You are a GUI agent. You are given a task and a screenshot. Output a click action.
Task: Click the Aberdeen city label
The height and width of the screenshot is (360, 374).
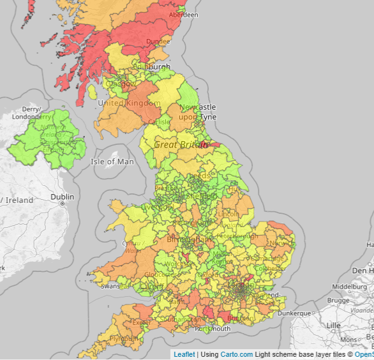pos(183,14)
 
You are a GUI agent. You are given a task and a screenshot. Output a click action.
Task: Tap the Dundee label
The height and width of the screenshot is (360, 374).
pos(158,41)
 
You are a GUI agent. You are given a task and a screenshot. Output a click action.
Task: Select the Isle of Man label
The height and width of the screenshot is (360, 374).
pos(112,161)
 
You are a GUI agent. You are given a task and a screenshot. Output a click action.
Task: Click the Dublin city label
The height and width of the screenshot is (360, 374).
pos(63,197)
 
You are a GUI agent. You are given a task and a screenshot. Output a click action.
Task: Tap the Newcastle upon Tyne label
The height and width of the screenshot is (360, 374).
pos(197,112)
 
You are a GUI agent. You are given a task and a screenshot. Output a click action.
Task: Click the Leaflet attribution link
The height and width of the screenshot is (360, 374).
pos(184,354)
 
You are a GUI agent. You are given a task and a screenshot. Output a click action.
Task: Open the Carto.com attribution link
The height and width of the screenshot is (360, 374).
pos(237,354)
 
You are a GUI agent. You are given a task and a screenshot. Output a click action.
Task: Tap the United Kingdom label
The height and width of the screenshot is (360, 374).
pos(129,103)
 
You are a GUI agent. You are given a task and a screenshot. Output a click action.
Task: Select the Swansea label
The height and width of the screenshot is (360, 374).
pos(112,286)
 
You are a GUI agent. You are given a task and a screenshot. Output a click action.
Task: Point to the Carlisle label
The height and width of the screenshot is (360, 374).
pos(159,121)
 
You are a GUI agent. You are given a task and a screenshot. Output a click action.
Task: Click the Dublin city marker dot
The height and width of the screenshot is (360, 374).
pos(63,205)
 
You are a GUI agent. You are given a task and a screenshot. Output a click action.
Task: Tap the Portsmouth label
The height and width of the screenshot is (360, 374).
pos(211,329)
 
